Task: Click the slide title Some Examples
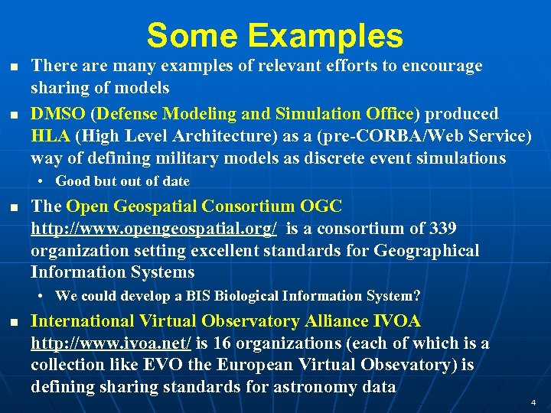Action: (275, 36)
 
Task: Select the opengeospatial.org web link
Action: (154, 229)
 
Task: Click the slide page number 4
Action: (533, 402)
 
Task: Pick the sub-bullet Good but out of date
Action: (122, 181)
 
